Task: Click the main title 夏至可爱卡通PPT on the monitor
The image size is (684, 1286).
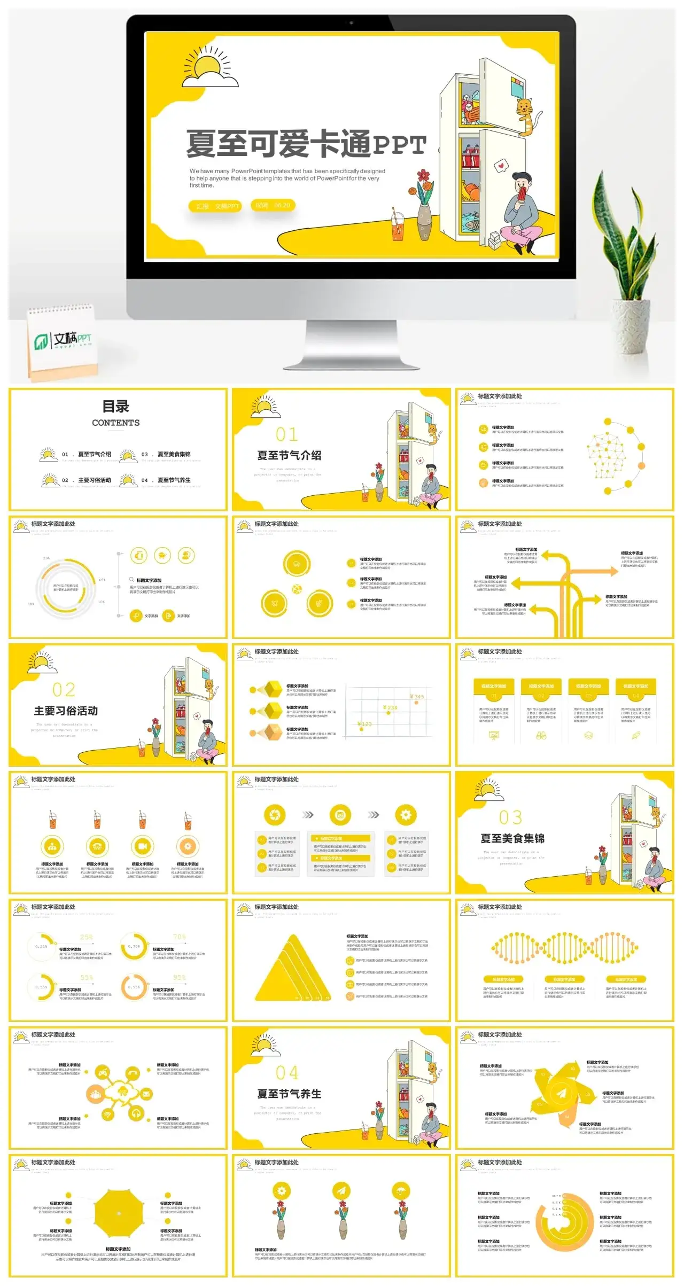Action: tap(306, 144)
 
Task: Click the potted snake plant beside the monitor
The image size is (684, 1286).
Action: tap(628, 267)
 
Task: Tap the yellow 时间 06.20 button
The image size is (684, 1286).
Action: tap(273, 205)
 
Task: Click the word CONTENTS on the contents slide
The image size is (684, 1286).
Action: tap(115, 423)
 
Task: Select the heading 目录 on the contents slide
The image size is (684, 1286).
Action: tap(115, 407)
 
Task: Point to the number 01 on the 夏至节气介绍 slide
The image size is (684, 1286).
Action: tap(287, 434)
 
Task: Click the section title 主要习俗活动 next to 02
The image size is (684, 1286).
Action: tap(66, 711)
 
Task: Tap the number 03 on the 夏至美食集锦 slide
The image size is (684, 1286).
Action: tap(510, 817)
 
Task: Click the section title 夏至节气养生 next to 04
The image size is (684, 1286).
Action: tap(289, 1094)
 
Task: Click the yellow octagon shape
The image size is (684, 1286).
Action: tap(119, 1214)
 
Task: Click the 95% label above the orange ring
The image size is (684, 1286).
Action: tap(179, 978)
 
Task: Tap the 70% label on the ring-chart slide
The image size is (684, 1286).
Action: tap(179, 937)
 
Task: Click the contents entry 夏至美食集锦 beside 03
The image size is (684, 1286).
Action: tap(174, 454)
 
